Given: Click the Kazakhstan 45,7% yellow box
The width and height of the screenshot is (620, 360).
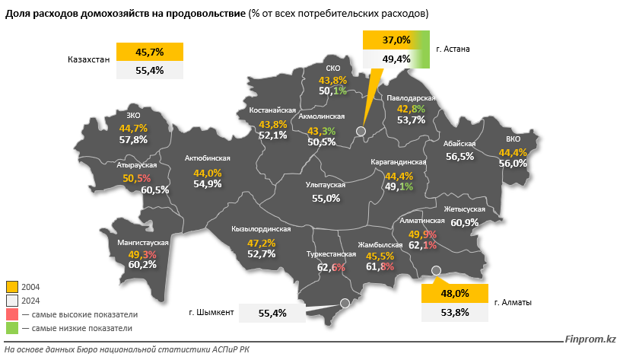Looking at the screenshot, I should tap(150, 52).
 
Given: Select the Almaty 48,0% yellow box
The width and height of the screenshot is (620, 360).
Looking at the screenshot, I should tap(454, 293).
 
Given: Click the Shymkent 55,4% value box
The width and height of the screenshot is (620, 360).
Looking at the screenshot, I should tap(272, 313).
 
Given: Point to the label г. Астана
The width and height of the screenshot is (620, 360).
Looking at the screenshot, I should tap(453, 49).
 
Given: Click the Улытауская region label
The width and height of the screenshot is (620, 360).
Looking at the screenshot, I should tap(326, 185).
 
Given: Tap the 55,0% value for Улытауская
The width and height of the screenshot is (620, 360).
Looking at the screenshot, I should tap(326, 198).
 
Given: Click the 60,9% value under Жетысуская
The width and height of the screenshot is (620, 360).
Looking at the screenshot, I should tap(464, 222).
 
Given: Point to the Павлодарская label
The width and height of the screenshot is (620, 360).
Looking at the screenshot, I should tap(410, 99).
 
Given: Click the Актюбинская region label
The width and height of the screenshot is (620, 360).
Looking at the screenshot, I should tap(208, 159).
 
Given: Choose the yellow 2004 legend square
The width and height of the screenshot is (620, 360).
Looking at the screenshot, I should tap(12, 287).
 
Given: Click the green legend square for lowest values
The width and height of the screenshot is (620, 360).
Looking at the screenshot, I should tap(12, 328).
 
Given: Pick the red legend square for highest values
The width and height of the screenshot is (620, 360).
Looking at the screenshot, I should tap(12, 314).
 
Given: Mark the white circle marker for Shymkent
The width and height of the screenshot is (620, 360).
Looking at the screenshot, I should tap(344, 303).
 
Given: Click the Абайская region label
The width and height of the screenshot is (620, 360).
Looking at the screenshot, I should tap(459, 145).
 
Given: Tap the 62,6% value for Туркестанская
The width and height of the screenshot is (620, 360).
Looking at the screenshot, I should tap(331, 267).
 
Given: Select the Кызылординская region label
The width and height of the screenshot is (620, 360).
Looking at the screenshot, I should tap(262, 229).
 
